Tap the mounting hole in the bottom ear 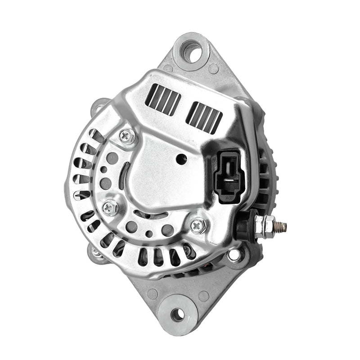[x=178, y=315]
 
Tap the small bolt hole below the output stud [x=234, y=255]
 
